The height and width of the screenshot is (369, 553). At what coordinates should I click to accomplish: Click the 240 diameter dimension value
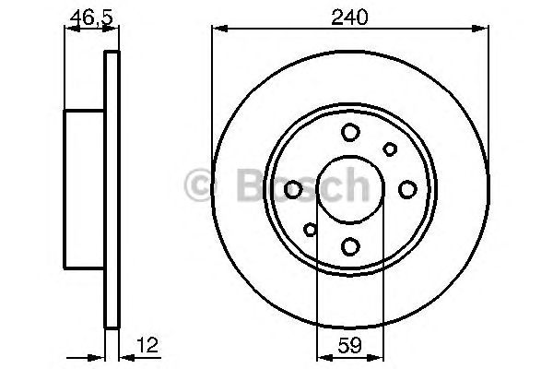pyautogui.click(x=350, y=17)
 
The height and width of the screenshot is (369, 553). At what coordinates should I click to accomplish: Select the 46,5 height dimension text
pyautogui.click(x=86, y=17)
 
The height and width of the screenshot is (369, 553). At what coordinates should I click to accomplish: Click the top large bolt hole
pyautogui.click(x=350, y=133)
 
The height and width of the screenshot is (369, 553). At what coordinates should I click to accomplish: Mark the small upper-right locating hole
pyautogui.click(x=390, y=149)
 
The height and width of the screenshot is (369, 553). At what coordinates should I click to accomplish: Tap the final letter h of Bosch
pyautogui.click(x=354, y=187)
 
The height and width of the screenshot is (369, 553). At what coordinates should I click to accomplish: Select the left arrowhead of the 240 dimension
pyautogui.click(x=218, y=30)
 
